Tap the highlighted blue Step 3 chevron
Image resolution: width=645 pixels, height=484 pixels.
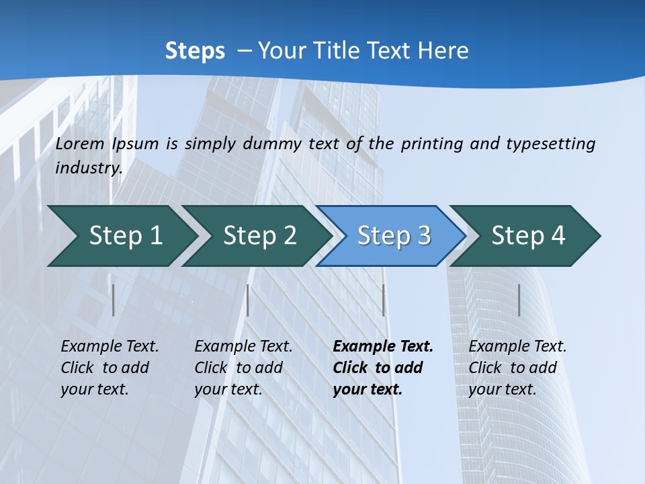click(393, 236)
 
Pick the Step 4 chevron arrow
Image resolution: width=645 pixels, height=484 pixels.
click(527, 236)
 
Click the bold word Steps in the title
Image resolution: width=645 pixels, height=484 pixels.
click(195, 51)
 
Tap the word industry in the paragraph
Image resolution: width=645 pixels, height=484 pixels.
click(88, 168)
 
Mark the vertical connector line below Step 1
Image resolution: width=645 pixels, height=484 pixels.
click(114, 300)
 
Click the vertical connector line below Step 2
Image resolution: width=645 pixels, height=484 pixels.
click(248, 300)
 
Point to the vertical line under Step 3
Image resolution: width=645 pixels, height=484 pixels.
click(383, 300)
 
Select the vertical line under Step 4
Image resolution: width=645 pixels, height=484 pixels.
click(519, 300)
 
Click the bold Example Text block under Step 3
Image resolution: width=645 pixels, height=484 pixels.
click(382, 368)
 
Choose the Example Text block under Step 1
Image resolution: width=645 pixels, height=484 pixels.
click(110, 368)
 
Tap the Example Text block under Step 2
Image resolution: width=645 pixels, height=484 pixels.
click(243, 368)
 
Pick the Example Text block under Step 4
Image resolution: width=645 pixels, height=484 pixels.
click(517, 368)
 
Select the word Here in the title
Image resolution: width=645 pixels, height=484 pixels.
click(443, 50)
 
